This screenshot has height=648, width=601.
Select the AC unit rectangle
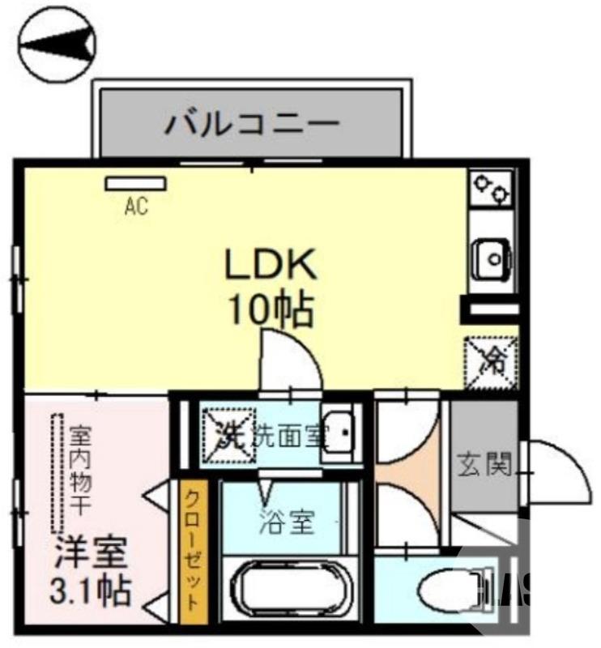[x=134, y=183]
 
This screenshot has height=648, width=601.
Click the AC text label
[x=136, y=207]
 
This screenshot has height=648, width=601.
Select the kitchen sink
[x=492, y=258]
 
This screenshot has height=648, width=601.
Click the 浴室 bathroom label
[x=287, y=522]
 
